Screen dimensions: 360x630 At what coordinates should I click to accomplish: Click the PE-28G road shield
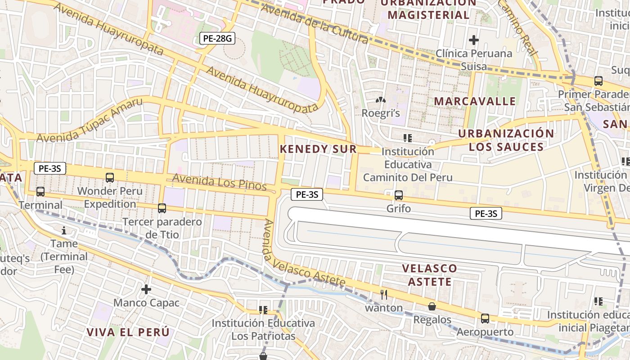click(x=217, y=38)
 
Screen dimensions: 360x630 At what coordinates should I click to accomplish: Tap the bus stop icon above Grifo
click(x=398, y=195)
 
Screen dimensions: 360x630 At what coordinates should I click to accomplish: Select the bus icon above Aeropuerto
click(x=485, y=319)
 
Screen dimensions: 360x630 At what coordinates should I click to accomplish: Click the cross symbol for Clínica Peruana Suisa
click(x=473, y=40)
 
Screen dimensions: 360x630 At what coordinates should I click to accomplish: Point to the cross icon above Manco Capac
click(x=146, y=289)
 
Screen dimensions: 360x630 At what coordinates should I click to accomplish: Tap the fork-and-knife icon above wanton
click(x=383, y=295)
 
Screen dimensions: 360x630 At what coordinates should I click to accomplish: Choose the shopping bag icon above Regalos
click(x=432, y=306)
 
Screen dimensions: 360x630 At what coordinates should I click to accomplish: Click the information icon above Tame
click(x=64, y=231)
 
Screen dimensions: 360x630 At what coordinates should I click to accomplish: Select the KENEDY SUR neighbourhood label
click(x=318, y=149)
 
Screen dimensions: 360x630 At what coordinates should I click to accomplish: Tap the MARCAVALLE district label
click(x=475, y=101)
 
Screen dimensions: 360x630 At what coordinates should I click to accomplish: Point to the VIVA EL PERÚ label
click(x=128, y=332)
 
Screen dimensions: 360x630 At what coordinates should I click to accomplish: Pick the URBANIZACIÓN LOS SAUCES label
click(x=506, y=140)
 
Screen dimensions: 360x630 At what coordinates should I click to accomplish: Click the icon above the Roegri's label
click(x=381, y=99)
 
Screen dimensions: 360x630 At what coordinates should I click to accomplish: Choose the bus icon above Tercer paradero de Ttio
click(x=162, y=208)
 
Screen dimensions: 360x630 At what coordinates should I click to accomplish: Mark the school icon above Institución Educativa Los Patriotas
click(x=263, y=310)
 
